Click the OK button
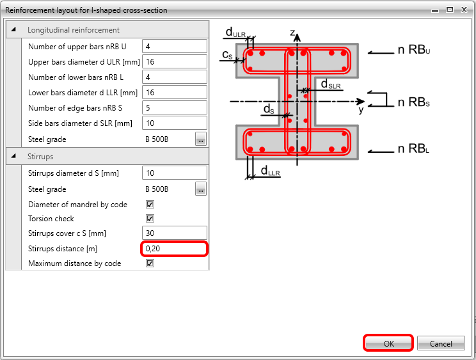(388, 343)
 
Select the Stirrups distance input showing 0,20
(175, 249)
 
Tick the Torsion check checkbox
(150, 218)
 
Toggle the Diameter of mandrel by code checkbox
(150, 204)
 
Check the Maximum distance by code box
(150, 263)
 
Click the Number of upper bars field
(175, 47)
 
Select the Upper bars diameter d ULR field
(175, 62)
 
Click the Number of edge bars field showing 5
(175, 108)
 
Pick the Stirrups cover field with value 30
(175, 233)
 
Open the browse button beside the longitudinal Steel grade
(201, 139)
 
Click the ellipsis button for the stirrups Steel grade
(201, 189)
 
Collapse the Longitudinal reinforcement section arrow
(13, 29)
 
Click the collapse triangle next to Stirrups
(13, 156)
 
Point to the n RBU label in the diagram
(414, 49)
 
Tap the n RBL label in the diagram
(413, 148)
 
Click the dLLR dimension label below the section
(270, 171)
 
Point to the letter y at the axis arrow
(361, 109)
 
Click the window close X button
(464, 10)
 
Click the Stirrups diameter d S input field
(175, 173)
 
